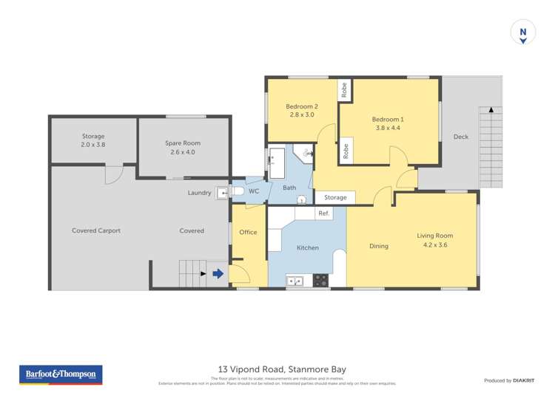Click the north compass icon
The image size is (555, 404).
click(523, 33)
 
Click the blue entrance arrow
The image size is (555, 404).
click(218, 274)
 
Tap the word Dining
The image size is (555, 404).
click(378, 246)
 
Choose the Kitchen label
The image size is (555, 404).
click(308, 247)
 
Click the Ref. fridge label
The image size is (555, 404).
click(323, 213)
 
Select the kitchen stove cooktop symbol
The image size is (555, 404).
click(320, 280)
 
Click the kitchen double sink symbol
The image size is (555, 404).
click(294, 281)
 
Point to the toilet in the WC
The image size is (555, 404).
click(238, 191)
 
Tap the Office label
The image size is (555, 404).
click(248, 232)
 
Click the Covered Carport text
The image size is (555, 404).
click(96, 230)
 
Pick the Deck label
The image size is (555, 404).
click(460, 137)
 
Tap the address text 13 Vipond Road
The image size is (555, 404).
click(282, 369)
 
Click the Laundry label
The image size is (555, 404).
click(199, 193)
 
